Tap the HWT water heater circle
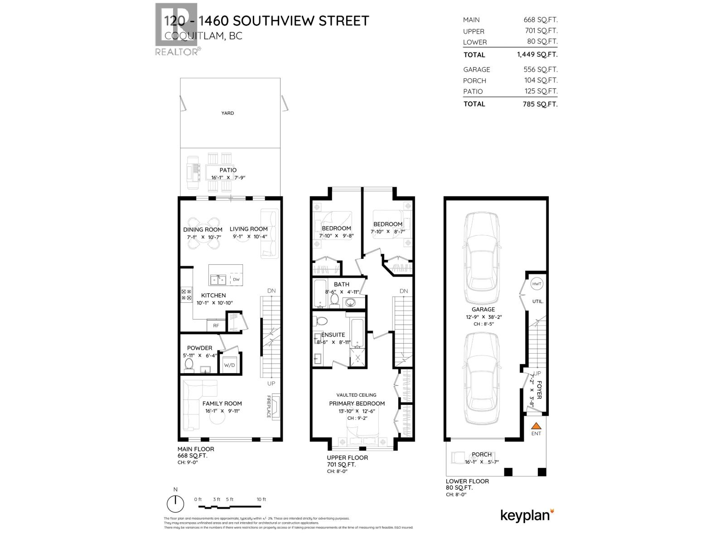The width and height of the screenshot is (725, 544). point(537,284)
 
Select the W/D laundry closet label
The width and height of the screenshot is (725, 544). point(229,364)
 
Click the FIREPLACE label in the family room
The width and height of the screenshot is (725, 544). point(269,406)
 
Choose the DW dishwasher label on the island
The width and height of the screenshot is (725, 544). point(236,280)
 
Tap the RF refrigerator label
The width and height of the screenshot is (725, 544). point(216,325)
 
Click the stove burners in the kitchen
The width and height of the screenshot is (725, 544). point(186,295)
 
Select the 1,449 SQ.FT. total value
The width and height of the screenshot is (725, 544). point(537,54)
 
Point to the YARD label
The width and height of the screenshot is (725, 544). point(227,113)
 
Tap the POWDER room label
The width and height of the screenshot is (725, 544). point(199,348)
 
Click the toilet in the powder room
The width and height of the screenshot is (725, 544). point(189,364)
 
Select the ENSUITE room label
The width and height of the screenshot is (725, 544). point(333,335)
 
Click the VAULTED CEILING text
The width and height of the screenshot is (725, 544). point(356,395)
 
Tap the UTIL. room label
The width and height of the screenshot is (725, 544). point(538,301)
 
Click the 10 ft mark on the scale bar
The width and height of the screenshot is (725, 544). point(261,499)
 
